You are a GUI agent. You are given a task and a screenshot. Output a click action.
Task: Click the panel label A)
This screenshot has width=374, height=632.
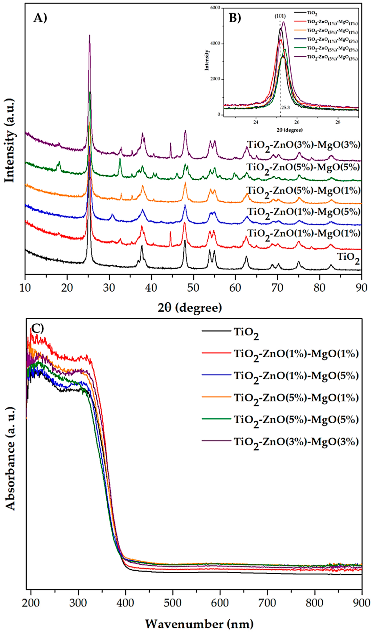tap(40, 18)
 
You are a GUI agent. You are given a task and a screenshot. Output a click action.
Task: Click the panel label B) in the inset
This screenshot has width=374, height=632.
tap(235, 18)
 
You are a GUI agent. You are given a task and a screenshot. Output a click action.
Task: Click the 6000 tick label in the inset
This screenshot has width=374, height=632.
tap(215, 8)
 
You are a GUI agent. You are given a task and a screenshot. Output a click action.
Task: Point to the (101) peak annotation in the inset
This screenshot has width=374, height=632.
tap(280, 16)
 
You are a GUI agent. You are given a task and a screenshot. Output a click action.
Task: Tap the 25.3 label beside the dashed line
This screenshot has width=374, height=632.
tap(285, 108)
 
